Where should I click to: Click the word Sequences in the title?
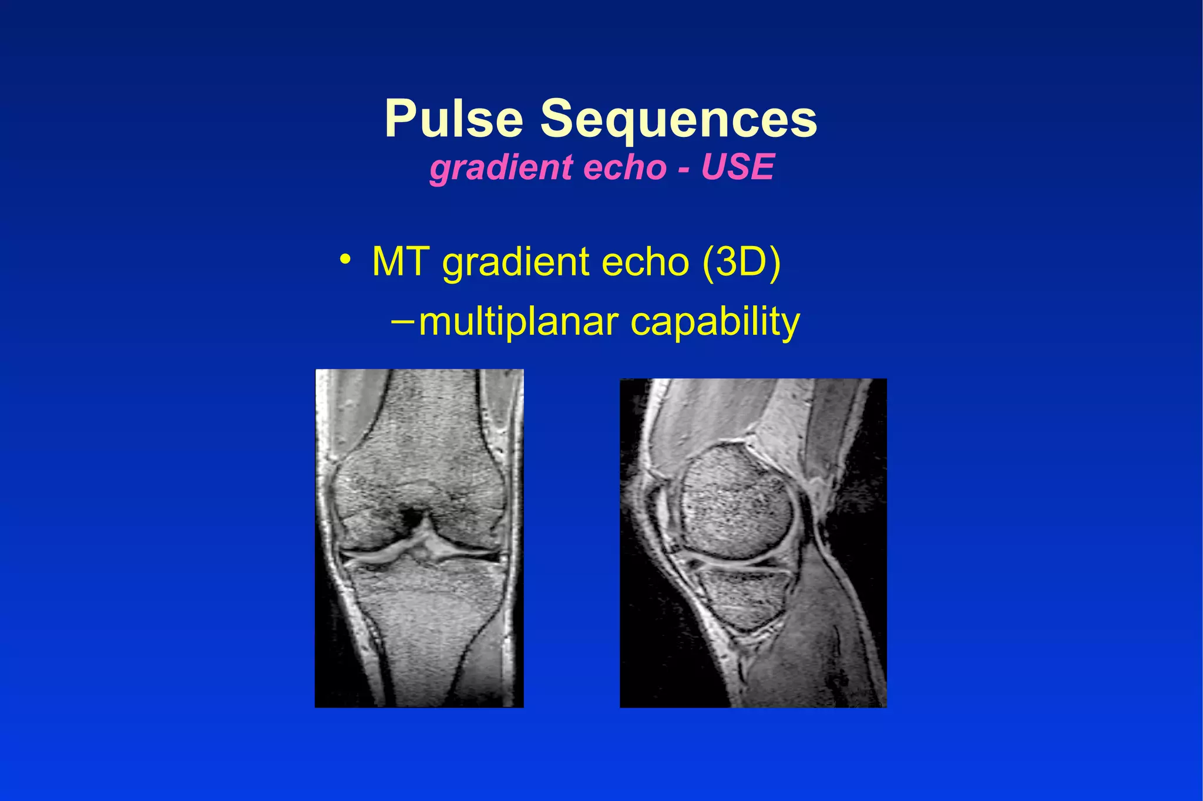(x=678, y=120)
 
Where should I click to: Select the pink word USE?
(x=738, y=167)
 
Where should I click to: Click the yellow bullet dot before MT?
(x=345, y=259)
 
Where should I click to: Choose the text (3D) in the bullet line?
(x=741, y=262)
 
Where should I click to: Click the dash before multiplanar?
(x=402, y=321)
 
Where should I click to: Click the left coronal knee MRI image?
(x=419, y=538)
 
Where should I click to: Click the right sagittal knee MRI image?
(x=753, y=543)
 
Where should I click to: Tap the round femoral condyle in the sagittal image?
(x=737, y=502)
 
